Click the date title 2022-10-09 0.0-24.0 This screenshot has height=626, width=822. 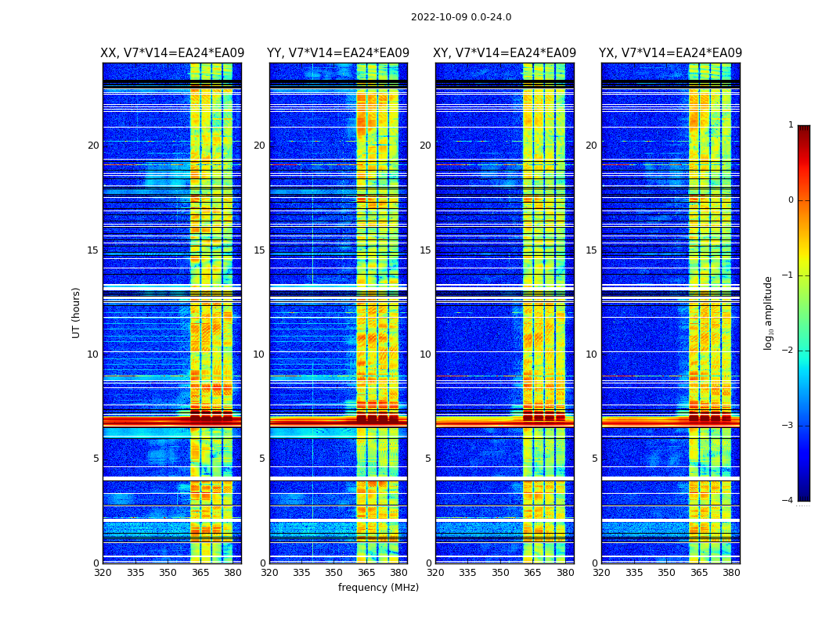[461, 17]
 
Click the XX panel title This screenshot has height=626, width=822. [172, 53]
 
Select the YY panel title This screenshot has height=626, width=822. [338, 53]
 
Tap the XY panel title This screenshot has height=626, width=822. [505, 53]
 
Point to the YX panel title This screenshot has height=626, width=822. [671, 53]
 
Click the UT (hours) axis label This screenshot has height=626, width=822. [77, 312]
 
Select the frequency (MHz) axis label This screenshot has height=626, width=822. [378, 588]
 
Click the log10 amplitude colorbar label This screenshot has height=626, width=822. [769, 312]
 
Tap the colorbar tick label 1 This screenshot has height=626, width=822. [791, 125]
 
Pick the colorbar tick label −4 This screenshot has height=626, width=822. [788, 501]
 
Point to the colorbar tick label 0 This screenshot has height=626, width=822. [791, 200]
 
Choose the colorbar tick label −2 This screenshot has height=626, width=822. [788, 351]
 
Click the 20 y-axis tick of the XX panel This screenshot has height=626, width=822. [93, 146]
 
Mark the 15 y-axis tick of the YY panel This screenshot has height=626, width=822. [259, 250]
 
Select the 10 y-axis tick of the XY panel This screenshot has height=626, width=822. [425, 354]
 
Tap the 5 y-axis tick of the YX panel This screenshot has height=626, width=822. [594, 459]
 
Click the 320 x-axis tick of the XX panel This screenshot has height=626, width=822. [103, 573]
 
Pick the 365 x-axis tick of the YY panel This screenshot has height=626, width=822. [366, 573]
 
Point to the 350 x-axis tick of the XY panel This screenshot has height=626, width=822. [500, 573]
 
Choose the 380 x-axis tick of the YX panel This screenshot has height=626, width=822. [731, 573]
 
